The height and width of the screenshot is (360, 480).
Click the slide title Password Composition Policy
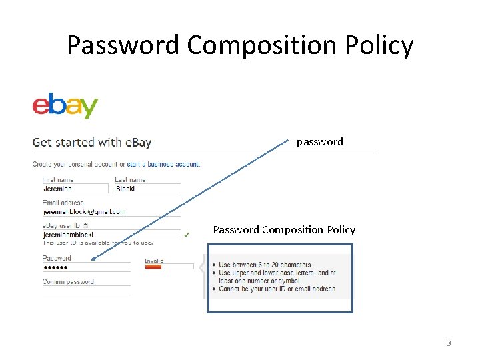click(x=240, y=45)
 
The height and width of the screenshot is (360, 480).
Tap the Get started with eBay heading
click(x=92, y=142)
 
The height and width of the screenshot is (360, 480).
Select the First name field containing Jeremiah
click(x=75, y=189)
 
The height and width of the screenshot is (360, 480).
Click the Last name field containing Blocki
click(x=147, y=189)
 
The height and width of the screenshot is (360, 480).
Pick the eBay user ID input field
click(x=111, y=235)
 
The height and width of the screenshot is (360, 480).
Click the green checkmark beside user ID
click(x=187, y=235)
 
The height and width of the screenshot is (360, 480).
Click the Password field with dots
click(x=87, y=267)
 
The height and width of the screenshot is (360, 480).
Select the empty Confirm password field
click(x=87, y=290)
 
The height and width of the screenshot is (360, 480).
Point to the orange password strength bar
click(x=153, y=267)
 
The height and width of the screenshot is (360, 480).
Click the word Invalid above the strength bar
click(x=154, y=260)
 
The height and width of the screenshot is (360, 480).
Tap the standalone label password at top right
click(x=320, y=141)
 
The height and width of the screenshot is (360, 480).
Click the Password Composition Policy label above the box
click(x=284, y=230)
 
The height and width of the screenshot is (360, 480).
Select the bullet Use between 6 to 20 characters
click(x=265, y=265)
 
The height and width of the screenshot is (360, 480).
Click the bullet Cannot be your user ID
click(x=277, y=289)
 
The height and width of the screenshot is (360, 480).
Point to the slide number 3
click(x=449, y=343)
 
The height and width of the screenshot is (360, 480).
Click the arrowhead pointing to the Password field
click(x=94, y=259)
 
